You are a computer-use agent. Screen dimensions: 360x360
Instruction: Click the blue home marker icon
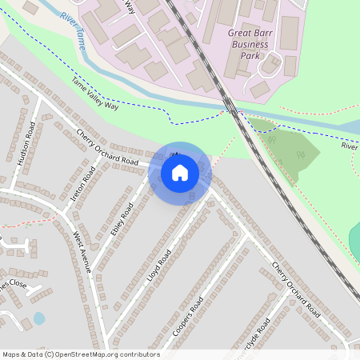(x=180, y=173)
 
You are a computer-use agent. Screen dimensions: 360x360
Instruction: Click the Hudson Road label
(x=26, y=143)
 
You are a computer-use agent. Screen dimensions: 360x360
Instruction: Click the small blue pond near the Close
(x=39, y=318)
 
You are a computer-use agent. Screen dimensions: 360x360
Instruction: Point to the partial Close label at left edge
(x=13, y=285)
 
